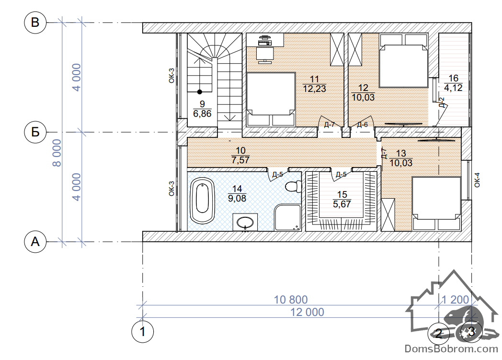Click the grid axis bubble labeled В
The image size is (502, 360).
point(35,22)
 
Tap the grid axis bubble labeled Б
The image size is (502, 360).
point(35,132)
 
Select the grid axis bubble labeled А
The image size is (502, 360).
point(35,242)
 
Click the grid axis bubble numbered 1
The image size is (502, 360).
point(142,332)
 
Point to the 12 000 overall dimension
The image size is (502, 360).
point(307,312)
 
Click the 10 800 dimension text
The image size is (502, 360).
point(291,300)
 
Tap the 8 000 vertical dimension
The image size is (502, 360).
point(57,153)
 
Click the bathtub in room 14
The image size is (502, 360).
point(202,201)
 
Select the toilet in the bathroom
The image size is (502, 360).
point(293,186)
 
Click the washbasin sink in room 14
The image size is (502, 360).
point(245,222)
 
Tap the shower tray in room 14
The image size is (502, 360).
point(287,218)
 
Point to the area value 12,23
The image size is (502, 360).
point(314,89)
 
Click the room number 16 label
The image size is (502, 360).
point(453,78)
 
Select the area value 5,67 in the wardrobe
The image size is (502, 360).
point(342,204)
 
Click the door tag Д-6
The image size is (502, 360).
point(363,124)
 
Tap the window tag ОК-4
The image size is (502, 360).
point(477,180)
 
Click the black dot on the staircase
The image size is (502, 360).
point(200,92)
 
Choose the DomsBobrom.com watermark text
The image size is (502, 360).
point(451,349)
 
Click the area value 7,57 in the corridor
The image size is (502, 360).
point(240,160)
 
